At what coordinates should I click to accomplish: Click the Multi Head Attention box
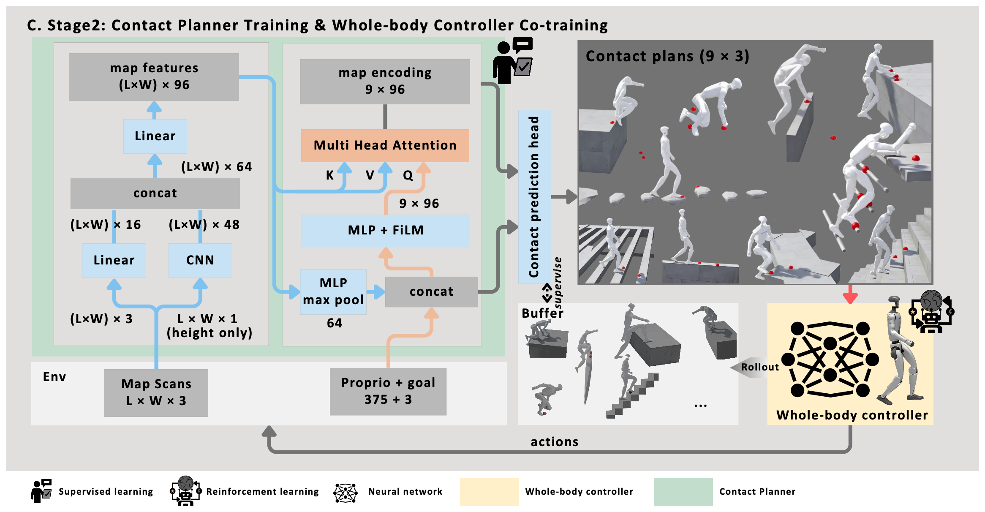385,145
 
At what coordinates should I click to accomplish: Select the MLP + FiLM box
385,230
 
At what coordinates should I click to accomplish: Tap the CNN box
200,260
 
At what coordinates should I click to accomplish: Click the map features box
154,76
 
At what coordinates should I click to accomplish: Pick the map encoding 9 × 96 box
385,81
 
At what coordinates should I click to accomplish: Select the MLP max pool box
333,291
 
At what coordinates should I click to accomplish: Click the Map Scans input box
156,392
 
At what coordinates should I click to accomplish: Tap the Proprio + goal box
388,391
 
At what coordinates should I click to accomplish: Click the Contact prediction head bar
534,196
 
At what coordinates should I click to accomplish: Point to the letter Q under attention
408,175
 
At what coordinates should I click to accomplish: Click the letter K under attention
330,175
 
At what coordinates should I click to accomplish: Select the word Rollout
760,367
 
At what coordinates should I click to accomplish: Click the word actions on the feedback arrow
555,442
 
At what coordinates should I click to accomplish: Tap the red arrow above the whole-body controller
850,294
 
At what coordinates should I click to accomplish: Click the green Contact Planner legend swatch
683,492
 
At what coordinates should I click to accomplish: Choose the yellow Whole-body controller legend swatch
489,492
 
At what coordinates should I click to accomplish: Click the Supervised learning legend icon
41,491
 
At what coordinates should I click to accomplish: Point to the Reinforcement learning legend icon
185,491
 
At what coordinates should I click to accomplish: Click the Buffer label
542,313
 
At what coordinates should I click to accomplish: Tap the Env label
54,377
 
